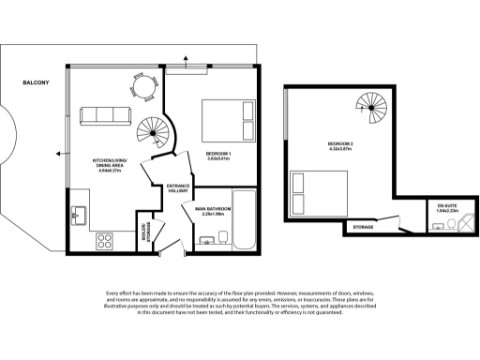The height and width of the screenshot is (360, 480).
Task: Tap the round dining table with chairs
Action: (141, 86)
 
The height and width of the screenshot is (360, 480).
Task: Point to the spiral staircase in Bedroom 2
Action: (368, 112)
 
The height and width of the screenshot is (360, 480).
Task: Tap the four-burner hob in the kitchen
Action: (106, 239)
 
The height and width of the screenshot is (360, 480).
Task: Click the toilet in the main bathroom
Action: (208, 243)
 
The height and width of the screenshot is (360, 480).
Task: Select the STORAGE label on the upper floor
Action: (363, 227)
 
